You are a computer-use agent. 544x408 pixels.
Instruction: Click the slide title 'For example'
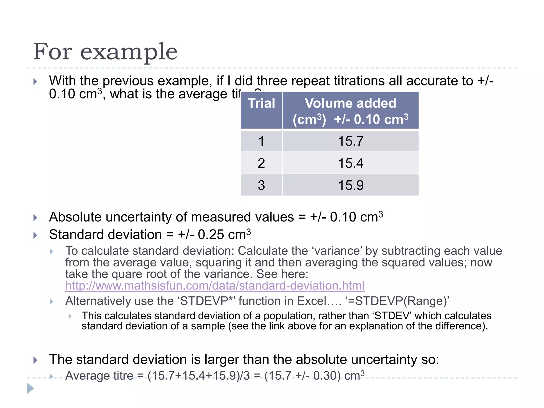(105, 52)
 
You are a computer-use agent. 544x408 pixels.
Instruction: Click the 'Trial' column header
(261, 103)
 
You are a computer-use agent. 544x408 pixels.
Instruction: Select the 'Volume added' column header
(350, 103)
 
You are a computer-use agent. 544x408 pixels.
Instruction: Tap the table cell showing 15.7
(350, 141)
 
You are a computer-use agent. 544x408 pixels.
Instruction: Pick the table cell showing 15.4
(350, 163)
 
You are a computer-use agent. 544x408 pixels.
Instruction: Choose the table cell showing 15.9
(350, 185)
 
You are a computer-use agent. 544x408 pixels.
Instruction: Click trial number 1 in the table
(261, 141)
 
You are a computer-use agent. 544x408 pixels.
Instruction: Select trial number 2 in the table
(261, 163)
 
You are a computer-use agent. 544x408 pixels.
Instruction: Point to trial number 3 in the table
(261, 185)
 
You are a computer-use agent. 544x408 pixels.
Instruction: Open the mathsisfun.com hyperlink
(215, 286)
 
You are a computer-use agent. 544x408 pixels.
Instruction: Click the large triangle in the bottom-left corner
(31, 388)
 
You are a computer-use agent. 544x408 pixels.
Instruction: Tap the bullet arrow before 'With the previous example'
(35, 82)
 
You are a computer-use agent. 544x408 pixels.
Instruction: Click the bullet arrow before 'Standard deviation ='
(35, 235)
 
